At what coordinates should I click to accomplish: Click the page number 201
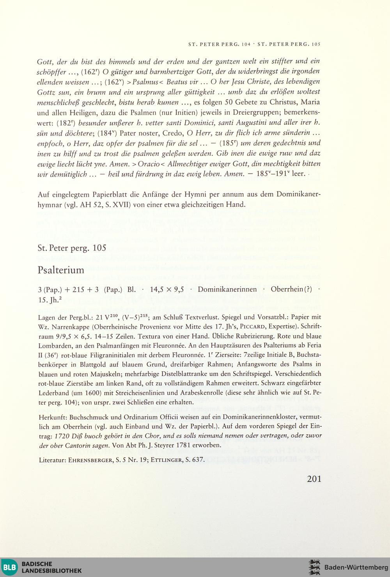click(314, 479)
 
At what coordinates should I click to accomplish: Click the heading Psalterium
click(61, 270)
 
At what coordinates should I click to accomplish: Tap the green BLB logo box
click(9, 567)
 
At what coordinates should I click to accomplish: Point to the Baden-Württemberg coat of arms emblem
click(314, 567)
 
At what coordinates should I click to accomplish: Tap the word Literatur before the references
click(52, 460)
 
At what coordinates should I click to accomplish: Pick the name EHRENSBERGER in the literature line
click(91, 460)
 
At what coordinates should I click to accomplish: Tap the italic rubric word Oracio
click(148, 164)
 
